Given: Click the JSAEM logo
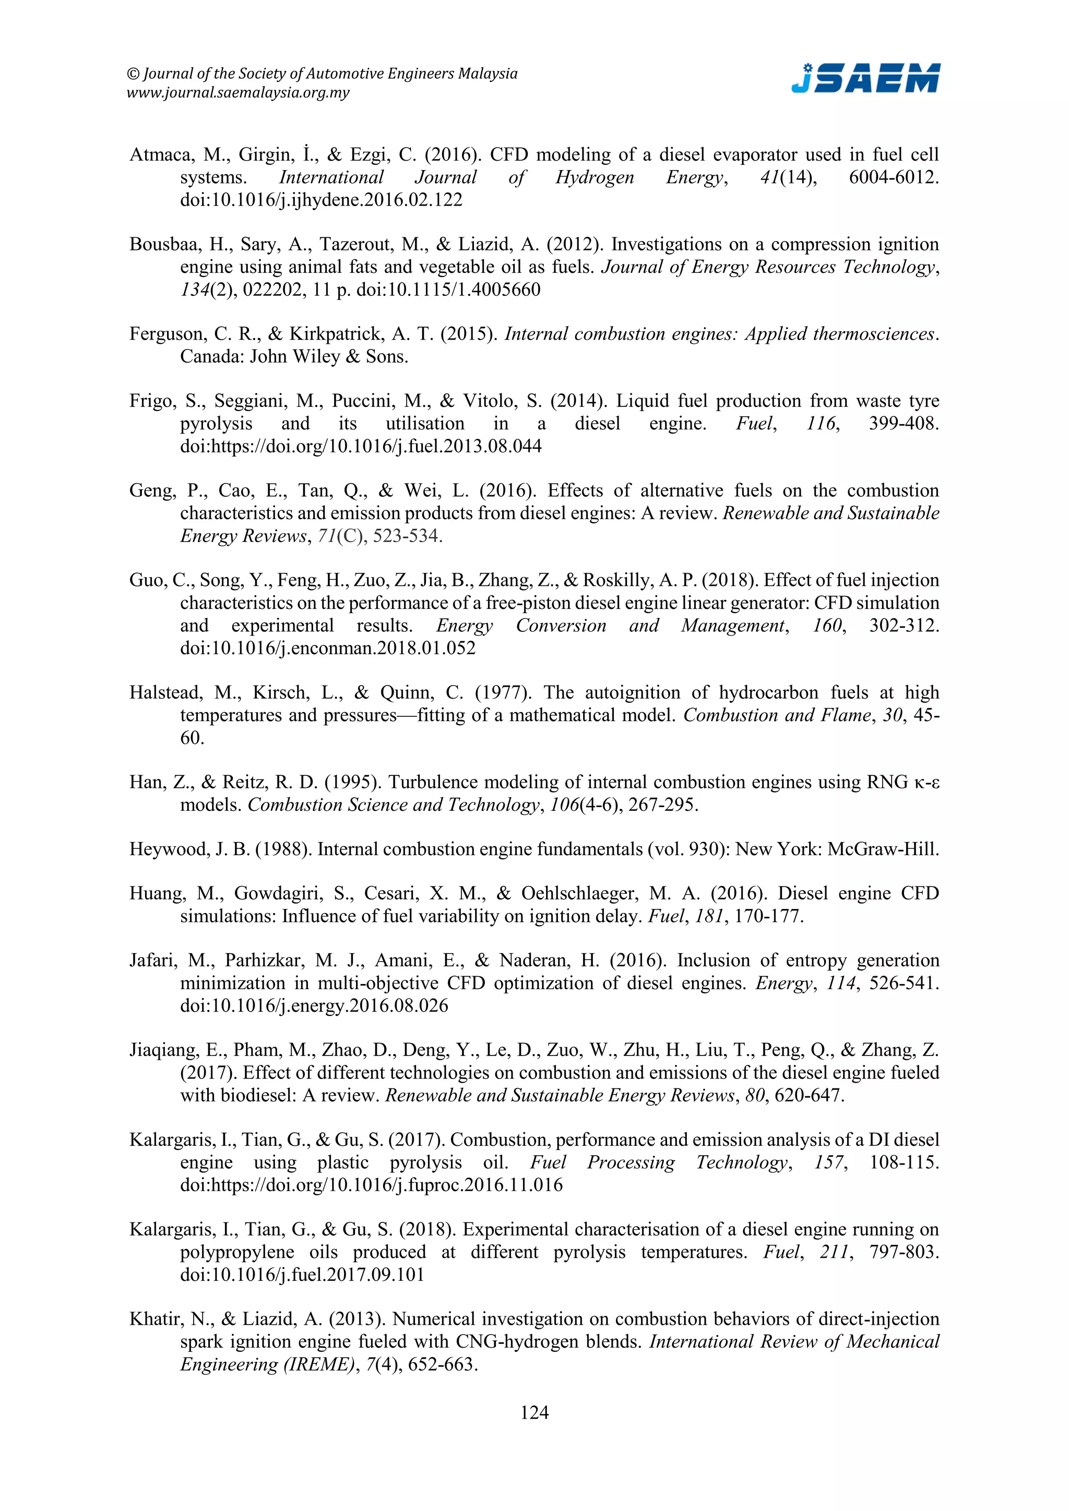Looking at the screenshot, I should point(865,79).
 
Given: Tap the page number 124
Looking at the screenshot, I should point(534,1412).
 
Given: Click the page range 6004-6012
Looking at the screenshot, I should point(893,178).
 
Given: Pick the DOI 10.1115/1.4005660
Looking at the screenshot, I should point(448,290).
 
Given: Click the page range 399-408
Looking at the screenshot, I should point(903,424).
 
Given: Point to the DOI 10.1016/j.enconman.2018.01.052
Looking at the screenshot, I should point(328,648).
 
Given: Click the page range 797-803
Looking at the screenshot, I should point(904,1252).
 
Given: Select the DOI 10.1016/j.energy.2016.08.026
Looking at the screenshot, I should point(314,1005).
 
